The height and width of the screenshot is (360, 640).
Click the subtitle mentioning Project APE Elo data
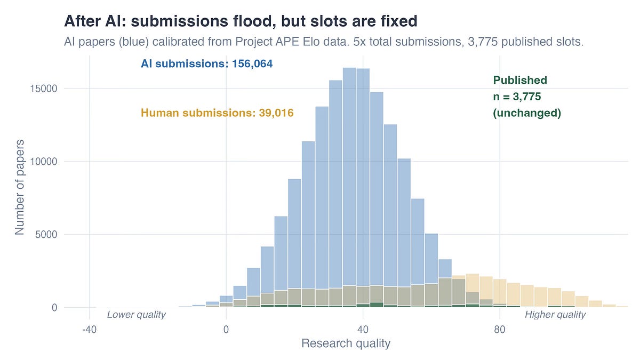click(x=324, y=42)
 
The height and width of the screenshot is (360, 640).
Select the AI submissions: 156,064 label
click(x=206, y=64)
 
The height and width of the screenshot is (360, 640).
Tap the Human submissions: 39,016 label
click(x=217, y=113)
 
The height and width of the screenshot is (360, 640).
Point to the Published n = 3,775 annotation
click(x=526, y=97)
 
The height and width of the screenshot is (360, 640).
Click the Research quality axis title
click(x=346, y=343)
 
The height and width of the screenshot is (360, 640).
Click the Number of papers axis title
click(x=20, y=187)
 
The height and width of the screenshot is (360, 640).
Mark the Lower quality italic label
click(x=137, y=315)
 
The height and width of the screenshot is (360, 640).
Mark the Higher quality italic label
click(x=555, y=315)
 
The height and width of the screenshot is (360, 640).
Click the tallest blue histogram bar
click(x=349, y=187)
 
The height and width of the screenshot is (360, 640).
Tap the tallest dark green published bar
click(x=377, y=305)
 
